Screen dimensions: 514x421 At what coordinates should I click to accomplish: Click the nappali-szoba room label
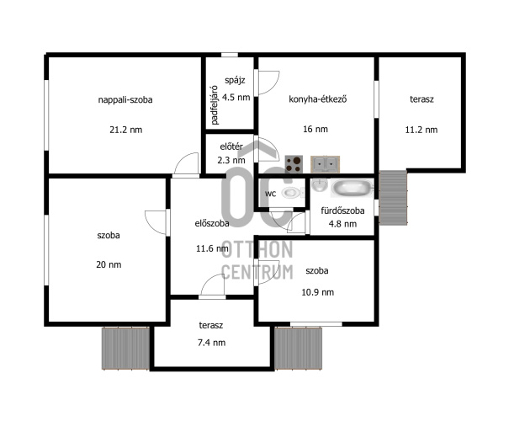[x=125, y=99]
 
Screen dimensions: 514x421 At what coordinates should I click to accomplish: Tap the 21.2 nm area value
[x=126, y=130]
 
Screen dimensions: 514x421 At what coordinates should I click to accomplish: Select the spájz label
[x=235, y=80]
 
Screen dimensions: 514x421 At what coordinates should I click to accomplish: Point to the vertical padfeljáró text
[x=215, y=105]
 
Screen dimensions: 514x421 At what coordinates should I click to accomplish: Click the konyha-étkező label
[x=318, y=99]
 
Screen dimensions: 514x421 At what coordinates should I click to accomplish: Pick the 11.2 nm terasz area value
[x=421, y=130]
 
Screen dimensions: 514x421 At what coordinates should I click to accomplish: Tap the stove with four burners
[x=294, y=164]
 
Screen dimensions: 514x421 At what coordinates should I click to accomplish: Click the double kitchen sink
[x=325, y=164]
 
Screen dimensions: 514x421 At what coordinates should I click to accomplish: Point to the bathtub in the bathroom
[x=352, y=188]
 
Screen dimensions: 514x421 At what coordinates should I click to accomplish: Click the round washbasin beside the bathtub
[x=320, y=185]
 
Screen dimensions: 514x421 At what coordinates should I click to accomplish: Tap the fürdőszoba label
[x=342, y=210]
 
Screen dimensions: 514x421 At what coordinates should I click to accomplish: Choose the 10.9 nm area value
[x=318, y=292]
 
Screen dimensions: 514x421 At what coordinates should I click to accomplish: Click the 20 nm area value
[x=109, y=264]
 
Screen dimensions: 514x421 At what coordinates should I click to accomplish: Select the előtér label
[x=231, y=147]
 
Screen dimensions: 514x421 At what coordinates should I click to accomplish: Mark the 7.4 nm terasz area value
[x=211, y=343]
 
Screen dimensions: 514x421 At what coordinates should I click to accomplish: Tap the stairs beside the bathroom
[x=393, y=198]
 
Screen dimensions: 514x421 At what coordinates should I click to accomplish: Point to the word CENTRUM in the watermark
[x=257, y=272]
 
